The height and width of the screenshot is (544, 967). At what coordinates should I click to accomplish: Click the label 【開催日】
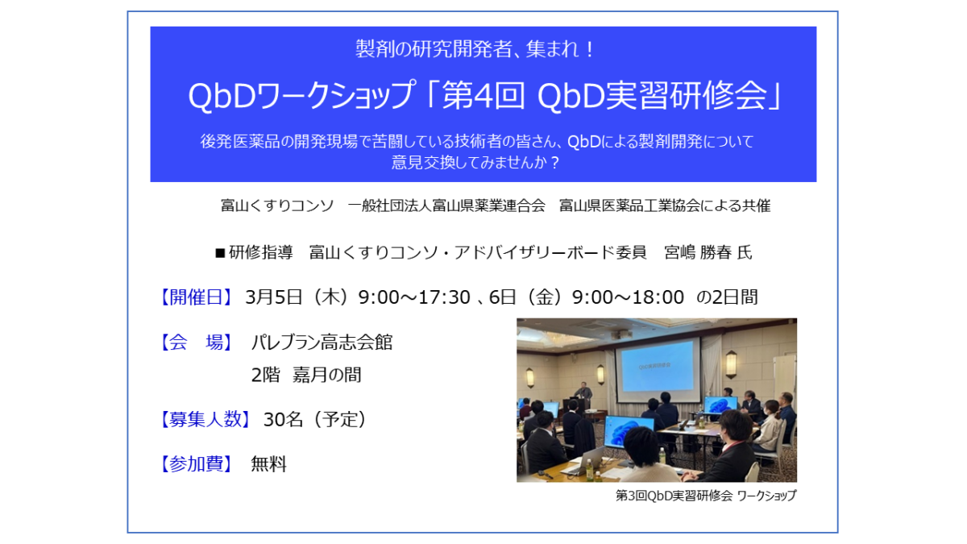197,297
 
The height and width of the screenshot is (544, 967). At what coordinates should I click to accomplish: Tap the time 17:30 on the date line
444,297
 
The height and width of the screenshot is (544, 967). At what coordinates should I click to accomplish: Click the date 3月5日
273,297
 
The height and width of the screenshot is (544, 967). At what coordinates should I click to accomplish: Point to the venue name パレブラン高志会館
322,343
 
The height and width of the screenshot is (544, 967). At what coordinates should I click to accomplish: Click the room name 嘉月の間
327,375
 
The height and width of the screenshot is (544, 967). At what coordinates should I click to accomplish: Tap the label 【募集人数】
205,419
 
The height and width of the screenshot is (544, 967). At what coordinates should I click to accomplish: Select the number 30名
283,419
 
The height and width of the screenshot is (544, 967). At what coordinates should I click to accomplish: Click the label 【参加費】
197,464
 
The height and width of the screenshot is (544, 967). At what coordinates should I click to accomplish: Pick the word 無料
269,464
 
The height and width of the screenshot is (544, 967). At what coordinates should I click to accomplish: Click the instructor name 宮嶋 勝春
698,252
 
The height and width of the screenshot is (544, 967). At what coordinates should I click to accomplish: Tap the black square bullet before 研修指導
220,253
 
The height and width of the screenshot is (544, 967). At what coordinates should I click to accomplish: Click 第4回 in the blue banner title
484,95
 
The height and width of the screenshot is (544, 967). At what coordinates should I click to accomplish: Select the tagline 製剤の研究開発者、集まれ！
475,48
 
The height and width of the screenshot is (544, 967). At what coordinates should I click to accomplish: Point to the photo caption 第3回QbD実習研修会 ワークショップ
706,496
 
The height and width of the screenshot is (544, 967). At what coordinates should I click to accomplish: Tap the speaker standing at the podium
583,395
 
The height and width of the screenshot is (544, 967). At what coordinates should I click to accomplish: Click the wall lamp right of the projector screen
730,364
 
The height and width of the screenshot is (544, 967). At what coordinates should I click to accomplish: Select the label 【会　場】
197,343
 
